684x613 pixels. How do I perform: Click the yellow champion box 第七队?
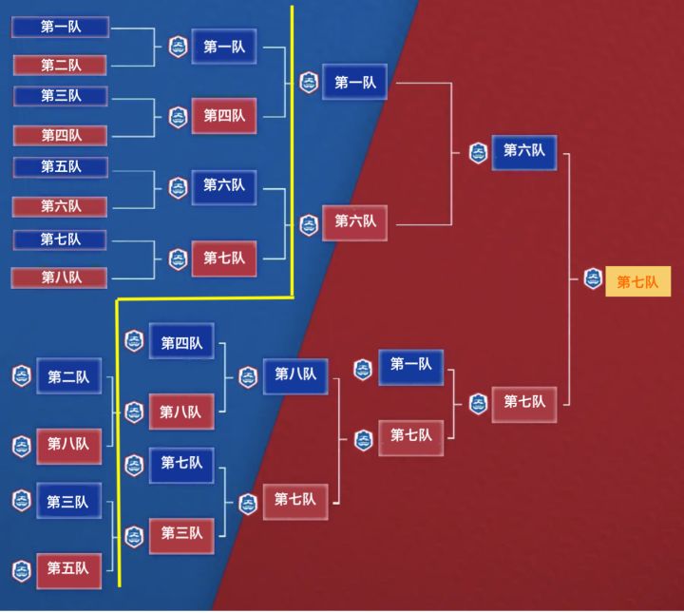tap(637, 281)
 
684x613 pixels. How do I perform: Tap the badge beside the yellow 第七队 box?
tap(593, 278)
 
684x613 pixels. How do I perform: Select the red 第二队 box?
tap(60, 65)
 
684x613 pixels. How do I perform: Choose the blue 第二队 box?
tap(69, 376)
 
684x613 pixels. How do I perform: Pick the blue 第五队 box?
tap(61, 166)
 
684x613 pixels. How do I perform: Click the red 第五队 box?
tap(69, 570)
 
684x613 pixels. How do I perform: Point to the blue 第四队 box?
tap(181, 341)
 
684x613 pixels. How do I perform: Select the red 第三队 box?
tap(181, 536)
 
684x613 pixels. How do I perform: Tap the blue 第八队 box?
tap(295, 376)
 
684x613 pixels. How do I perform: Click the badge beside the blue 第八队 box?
tap(248, 377)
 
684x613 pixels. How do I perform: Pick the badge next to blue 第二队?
tap(22, 376)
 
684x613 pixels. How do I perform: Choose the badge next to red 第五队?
tap(22, 571)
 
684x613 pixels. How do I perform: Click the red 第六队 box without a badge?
tap(60, 206)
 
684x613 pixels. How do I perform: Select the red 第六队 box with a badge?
tap(354, 222)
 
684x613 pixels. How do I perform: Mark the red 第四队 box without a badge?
tap(60, 135)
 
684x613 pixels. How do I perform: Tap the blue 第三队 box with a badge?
tap(69, 501)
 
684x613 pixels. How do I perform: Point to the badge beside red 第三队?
tap(134, 536)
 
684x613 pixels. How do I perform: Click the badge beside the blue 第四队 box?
tap(134, 341)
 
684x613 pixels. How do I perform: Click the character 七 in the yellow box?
tap(637, 282)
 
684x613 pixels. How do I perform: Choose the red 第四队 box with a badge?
tap(224, 116)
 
